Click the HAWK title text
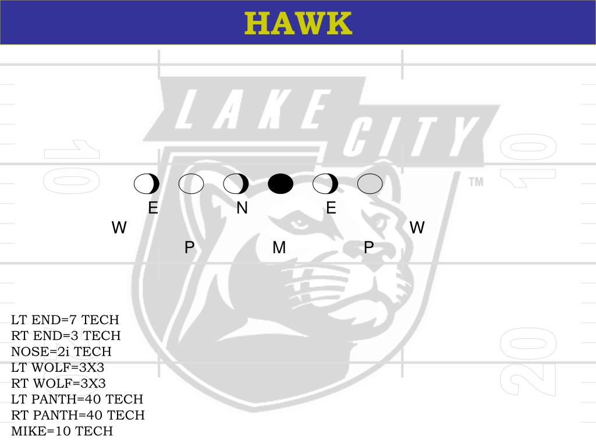coord(298,23)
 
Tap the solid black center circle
coord(281,184)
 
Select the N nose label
coord(242,208)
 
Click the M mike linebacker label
coord(279,248)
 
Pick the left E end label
coord(153,208)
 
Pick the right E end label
coord(331,208)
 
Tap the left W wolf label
coord(119,228)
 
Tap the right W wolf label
coord(417,228)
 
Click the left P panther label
coord(189,248)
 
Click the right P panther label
coord(368,248)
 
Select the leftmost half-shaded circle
coord(147,184)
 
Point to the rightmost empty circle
coord(370,184)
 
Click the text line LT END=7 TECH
coord(65,320)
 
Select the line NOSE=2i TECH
coord(61,352)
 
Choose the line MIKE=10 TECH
coord(62,431)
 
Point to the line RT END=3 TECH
coord(66,336)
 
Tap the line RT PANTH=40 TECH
coord(78,415)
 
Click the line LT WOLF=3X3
coord(58,368)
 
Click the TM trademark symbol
coord(476,182)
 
